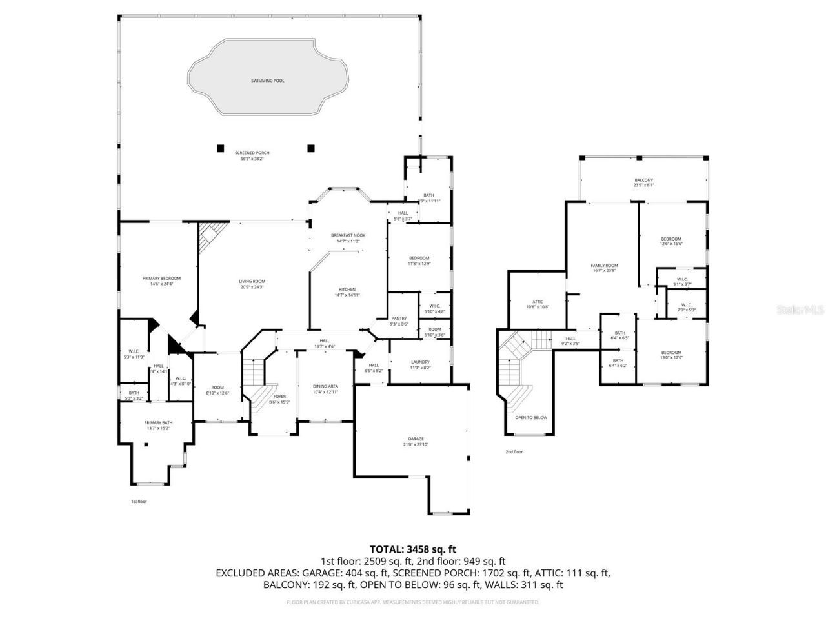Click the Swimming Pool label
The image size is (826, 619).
[x=267, y=81]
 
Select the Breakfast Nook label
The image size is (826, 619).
[x=348, y=235]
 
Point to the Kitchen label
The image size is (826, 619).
[x=347, y=289]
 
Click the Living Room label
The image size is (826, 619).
[x=252, y=281]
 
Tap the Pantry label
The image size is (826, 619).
[x=399, y=318]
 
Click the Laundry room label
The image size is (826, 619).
[x=420, y=362]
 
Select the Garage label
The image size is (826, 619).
[x=416, y=438]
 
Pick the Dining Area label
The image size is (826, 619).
[x=325, y=386]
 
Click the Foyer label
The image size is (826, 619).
[x=279, y=396]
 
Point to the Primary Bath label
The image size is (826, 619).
[x=157, y=423]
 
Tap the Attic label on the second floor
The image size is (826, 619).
[x=538, y=301]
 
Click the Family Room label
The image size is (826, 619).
[x=604, y=265]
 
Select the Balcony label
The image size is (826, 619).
[x=643, y=180]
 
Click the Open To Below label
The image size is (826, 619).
[x=530, y=417]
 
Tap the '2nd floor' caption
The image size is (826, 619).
[x=514, y=451]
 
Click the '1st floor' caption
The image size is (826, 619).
[x=139, y=501]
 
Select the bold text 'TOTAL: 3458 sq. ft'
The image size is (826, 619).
[x=413, y=549]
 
